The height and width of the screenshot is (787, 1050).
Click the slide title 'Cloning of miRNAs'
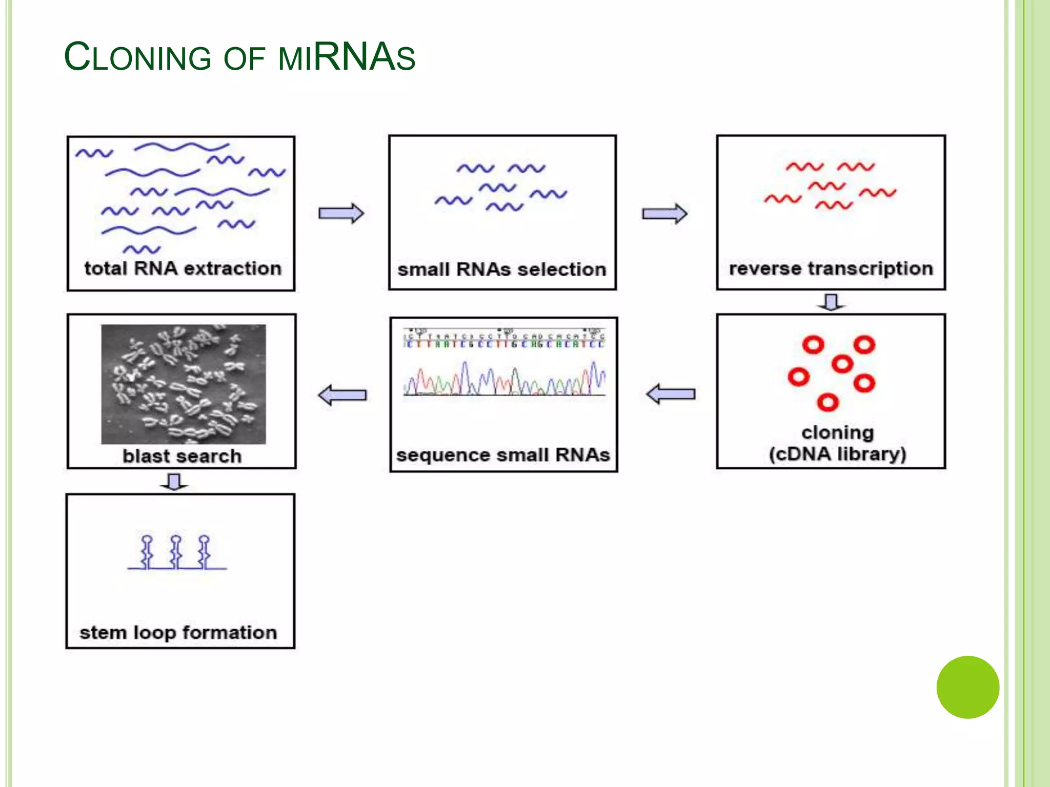(x=239, y=57)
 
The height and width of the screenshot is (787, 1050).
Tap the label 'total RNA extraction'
(x=183, y=268)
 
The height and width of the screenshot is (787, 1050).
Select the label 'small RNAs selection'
(x=502, y=270)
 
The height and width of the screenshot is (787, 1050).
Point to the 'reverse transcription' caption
(x=831, y=268)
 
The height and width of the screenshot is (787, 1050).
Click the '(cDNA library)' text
(x=837, y=454)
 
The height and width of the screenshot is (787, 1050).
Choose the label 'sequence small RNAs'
(x=503, y=455)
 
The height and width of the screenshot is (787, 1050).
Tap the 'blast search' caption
(x=182, y=456)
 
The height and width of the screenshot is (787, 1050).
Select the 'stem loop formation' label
(x=178, y=632)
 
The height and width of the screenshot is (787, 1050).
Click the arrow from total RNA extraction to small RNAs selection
(x=341, y=213)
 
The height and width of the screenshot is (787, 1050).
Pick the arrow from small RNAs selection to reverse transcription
(x=664, y=214)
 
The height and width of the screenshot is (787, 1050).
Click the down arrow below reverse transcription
(x=831, y=302)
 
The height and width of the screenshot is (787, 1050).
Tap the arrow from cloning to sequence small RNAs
(x=671, y=394)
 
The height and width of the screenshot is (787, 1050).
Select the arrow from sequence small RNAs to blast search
(x=342, y=395)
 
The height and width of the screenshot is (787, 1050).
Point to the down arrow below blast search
(x=174, y=482)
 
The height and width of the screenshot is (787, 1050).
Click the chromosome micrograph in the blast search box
(x=184, y=384)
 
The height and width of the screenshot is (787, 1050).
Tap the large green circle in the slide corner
(x=967, y=687)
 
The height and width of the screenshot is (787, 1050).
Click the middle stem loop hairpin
(x=176, y=552)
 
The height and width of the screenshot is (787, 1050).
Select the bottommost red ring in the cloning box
(x=827, y=402)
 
